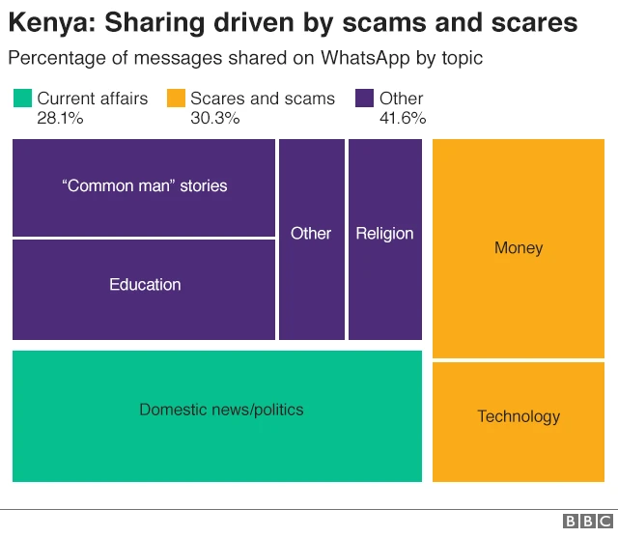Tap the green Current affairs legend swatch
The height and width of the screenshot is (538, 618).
pos(22,99)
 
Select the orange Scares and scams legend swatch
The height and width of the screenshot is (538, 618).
pos(176,99)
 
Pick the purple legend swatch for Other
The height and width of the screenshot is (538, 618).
pos(365,99)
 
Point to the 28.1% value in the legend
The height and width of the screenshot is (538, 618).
pos(60,119)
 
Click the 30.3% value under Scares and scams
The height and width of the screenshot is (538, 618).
pos(214,119)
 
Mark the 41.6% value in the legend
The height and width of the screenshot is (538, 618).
pos(403,119)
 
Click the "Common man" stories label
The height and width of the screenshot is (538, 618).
pos(145,185)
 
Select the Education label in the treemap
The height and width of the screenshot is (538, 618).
pos(145,285)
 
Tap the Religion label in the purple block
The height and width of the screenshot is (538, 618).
pos(384,234)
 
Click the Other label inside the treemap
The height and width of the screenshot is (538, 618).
pos(311,234)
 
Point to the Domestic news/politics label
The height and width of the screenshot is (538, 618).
pos(221,410)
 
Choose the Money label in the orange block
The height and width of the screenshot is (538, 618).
pos(519,248)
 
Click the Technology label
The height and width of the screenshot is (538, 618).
pos(519,416)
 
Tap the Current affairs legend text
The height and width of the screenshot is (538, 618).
pos(93,99)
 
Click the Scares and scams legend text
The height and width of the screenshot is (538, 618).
pos(263,99)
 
